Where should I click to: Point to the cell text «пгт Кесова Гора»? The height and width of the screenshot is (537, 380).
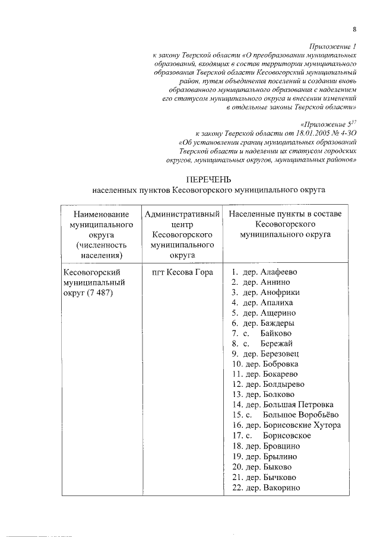click(x=182, y=273)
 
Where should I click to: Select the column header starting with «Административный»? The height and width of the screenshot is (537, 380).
click(x=182, y=213)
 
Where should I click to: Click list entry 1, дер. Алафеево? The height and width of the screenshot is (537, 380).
click(x=264, y=273)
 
